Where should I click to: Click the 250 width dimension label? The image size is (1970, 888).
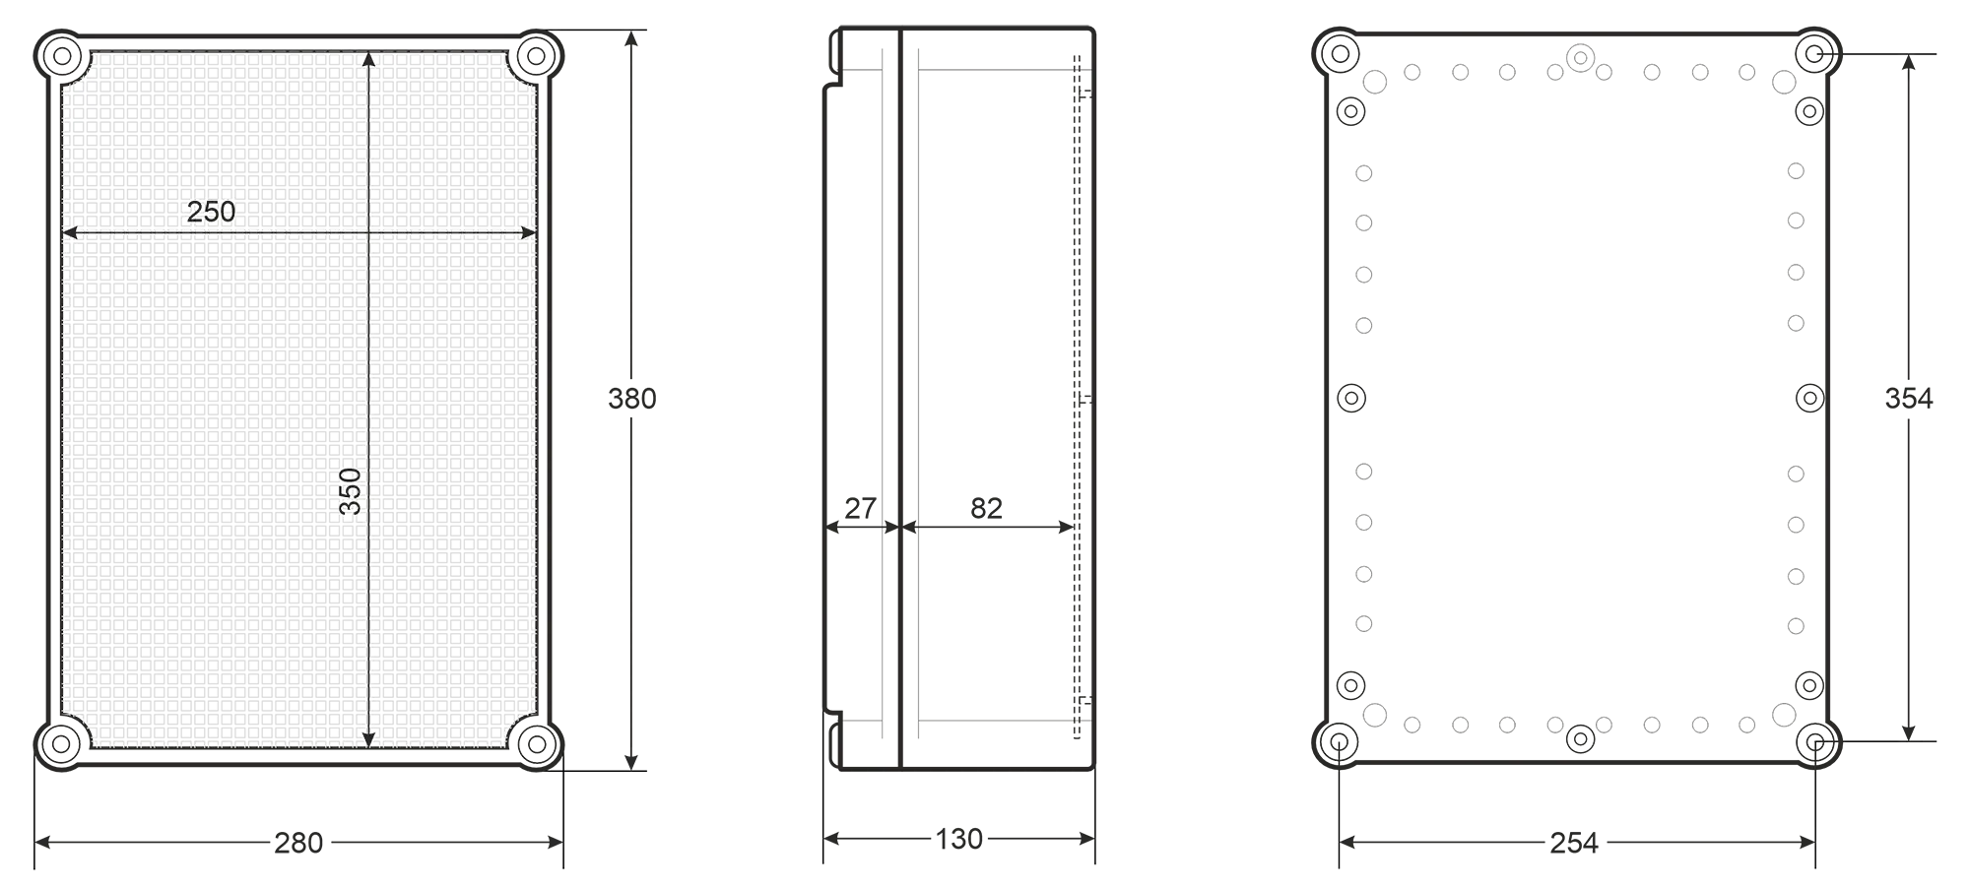pos(211,212)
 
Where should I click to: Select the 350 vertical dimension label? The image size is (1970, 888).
pos(351,491)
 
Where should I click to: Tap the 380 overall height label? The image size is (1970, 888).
pos(631,399)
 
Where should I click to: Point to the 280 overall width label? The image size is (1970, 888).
pos(298,843)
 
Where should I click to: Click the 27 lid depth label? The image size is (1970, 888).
pos(860,508)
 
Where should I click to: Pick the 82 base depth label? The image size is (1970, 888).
pos(986,508)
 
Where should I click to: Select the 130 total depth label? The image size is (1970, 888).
pos(958,839)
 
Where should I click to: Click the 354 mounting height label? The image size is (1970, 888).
pos(1909,398)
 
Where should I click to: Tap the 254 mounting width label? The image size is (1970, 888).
pos(1574,843)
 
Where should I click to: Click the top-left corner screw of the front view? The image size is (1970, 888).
pos(62,55)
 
